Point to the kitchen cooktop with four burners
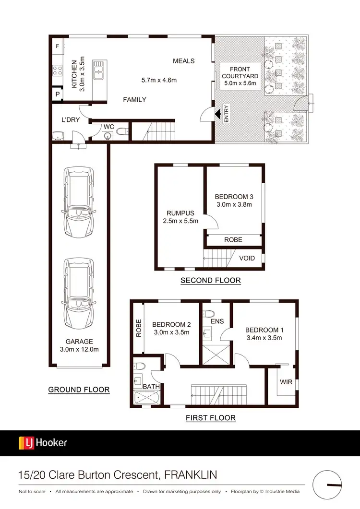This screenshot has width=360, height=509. coord(57,71)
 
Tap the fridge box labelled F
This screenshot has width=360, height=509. coord(57,47)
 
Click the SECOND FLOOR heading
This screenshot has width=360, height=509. coord(210,281)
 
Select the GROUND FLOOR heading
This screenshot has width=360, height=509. coord(79,390)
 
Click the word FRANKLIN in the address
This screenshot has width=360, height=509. coord(191,475)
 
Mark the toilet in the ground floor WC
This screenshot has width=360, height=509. coord(121,131)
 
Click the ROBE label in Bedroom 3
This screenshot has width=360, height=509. coord(233,239)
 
